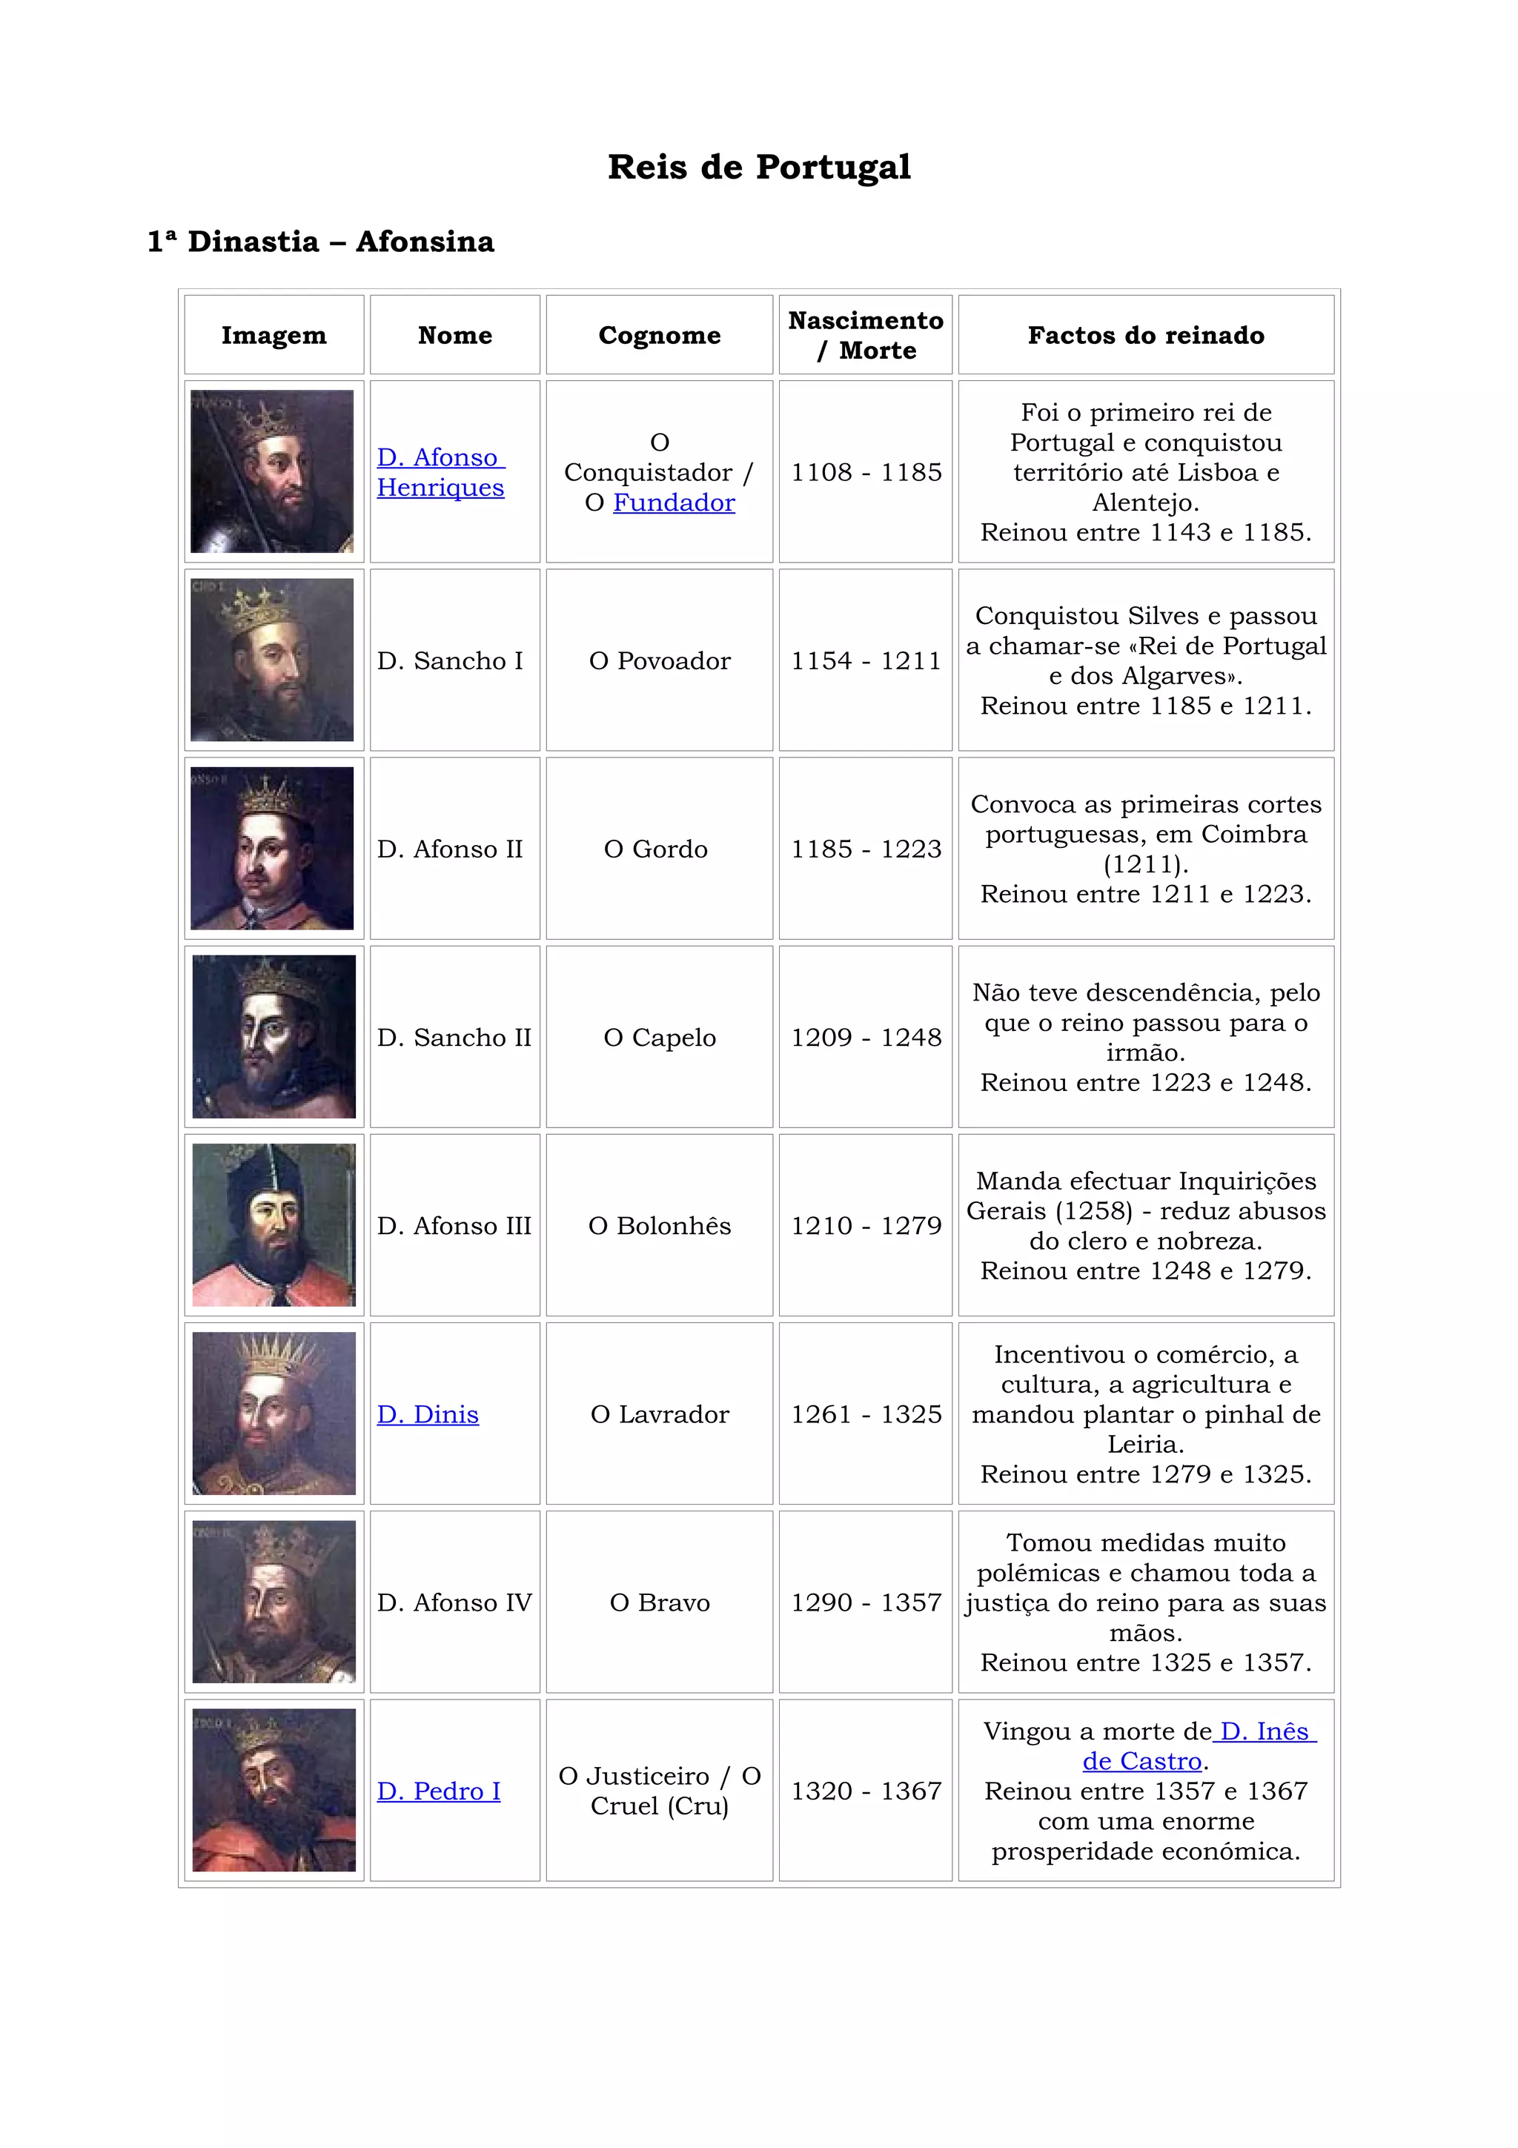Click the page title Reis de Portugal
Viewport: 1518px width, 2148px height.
(758, 168)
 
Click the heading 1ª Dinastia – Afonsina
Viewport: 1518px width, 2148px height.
(321, 242)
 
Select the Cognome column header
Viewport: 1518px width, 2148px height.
(660, 335)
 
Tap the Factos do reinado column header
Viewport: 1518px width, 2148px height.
(1145, 335)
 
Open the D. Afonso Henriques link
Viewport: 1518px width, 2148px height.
(440, 472)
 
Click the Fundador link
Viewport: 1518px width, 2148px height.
(674, 503)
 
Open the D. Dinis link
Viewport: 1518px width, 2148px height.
(428, 1413)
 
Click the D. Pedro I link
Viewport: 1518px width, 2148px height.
(438, 1791)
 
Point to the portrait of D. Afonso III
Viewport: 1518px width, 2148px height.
(273, 1224)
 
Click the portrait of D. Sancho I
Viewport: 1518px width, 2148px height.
(272, 660)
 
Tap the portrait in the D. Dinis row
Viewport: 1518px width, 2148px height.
(273, 1413)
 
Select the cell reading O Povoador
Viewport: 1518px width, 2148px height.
(660, 660)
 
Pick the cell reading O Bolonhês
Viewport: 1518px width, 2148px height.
(660, 1225)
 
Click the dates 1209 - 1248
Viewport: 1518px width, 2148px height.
(865, 1038)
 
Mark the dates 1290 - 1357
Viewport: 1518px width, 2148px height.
(865, 1602)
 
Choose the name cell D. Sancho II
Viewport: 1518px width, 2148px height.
(454, 1038)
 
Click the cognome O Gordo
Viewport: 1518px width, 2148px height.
(656, 849)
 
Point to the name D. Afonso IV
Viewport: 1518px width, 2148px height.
(454, 1602)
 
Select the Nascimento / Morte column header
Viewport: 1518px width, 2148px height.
(865, 335)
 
